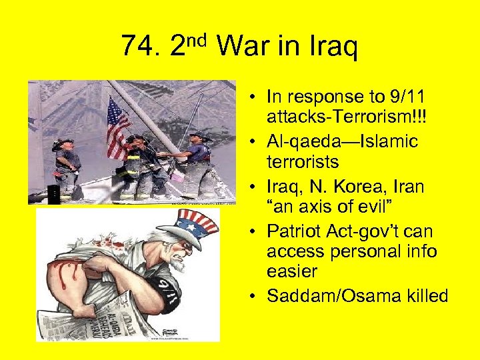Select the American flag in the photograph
pyautogui.click(x=118, y=127)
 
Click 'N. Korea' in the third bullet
pyautogui.click(x=331, y=187)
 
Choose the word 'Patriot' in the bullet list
pyautogui.click(x=293, y=232)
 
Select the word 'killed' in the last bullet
pyautogui.click(x=425, y=296)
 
